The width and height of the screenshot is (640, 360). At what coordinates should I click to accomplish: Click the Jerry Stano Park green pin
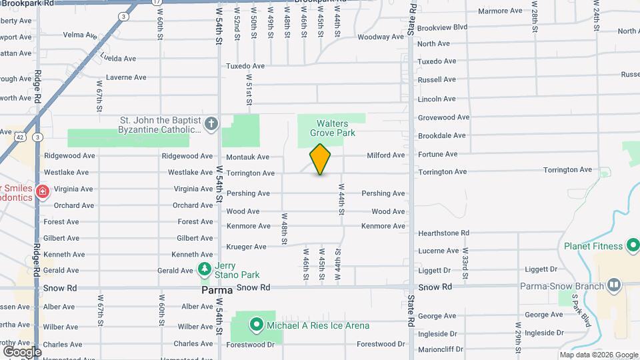[x=205, y=270]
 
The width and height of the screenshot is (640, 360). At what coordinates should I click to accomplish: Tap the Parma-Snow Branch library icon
[x=613, y=287]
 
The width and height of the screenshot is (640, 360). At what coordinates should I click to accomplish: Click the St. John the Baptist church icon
[x=211, y=123]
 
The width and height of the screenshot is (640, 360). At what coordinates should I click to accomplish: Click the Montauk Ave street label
[x=247, y=157]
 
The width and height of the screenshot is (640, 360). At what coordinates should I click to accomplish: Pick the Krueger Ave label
[x=247, y=247]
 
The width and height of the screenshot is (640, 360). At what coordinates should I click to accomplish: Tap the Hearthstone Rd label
[x=443, y=233]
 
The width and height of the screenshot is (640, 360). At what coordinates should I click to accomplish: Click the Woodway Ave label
[x=378, y=37]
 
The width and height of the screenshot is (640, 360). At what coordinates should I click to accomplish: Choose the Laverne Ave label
[x=126, y=77]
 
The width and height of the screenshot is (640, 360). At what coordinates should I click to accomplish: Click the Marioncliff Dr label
[x=442, y=349]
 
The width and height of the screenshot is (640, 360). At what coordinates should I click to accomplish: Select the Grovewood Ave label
[x=443, y=117]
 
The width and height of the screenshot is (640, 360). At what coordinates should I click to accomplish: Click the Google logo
[x=22, y=352]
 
